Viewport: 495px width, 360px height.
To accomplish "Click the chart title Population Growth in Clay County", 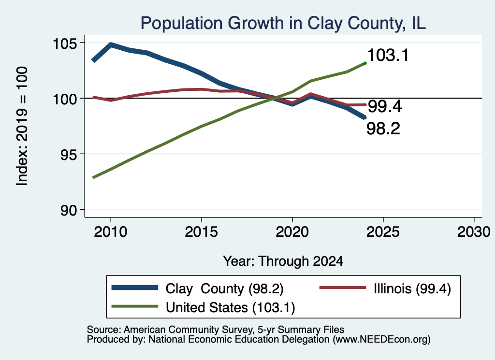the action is [283, 23].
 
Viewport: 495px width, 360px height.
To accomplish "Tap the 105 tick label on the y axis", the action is [65, 43].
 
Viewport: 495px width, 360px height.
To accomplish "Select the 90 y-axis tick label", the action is [69, 211].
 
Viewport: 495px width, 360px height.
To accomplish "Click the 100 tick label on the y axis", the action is [65, 99].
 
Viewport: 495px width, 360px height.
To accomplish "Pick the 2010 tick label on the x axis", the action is [111, 232].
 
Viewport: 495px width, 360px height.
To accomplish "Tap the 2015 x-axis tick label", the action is [202, 232].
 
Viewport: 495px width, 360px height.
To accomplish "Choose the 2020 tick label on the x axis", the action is [292, 232].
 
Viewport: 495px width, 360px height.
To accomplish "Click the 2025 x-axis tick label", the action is [383, 232].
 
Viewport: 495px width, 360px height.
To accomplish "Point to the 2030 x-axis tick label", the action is [474, 232].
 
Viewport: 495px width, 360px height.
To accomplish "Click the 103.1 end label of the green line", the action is [388, 55].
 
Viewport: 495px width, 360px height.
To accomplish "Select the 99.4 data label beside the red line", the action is [385, 106].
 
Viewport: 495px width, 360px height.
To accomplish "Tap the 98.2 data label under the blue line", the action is [383, 129].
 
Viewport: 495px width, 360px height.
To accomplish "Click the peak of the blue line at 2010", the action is [111, 44].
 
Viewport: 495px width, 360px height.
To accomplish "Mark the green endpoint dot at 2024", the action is [365, 63].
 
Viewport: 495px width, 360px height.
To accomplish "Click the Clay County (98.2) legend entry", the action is [198, 288].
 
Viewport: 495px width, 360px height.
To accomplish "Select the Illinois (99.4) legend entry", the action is [385, 288].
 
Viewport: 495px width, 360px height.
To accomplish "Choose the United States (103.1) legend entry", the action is [204, 307].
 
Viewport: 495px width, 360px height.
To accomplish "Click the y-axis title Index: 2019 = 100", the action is [22, 126].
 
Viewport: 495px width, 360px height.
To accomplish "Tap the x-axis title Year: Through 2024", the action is [283, 261].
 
